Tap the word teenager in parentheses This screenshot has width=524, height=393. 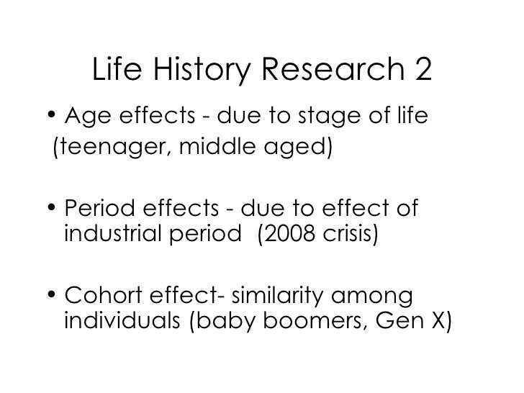[104, 150]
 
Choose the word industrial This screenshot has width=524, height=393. [108, 234]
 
